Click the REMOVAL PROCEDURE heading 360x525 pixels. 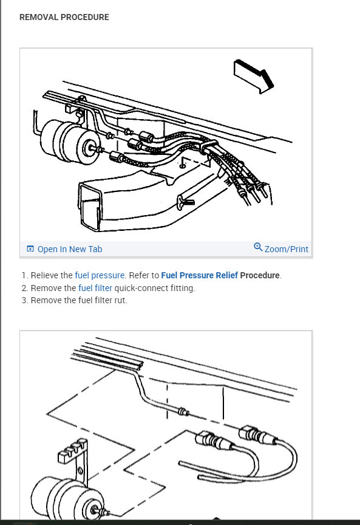64,17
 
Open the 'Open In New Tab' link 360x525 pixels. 70,249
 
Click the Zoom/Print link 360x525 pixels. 287,249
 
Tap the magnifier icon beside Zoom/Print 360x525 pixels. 258,247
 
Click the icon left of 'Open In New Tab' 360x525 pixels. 30,249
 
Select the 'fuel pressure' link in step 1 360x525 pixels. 100,275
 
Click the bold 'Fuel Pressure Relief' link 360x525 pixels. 199,275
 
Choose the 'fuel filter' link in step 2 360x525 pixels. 95,288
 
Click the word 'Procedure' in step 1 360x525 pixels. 260,275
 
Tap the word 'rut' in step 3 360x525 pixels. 120,300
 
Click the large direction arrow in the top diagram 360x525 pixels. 254,77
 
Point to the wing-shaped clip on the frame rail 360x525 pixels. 185,202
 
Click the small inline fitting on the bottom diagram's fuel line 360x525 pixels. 183,411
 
